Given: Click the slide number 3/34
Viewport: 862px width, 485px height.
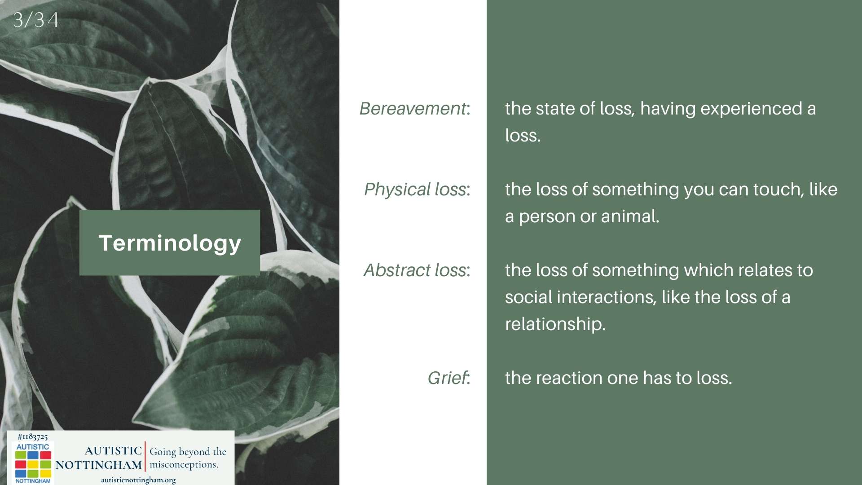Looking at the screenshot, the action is pos(35,20).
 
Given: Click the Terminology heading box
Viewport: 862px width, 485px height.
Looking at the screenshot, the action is pos(170,242).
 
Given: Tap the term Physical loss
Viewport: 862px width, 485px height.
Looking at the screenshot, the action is pos(415,190).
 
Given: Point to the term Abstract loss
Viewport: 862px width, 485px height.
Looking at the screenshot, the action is pos(415,270).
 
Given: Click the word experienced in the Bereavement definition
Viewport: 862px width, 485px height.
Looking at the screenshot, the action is pos(751,109).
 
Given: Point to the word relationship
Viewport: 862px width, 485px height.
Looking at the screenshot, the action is pos(555,324).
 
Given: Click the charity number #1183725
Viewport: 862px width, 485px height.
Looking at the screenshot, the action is pos(33,436).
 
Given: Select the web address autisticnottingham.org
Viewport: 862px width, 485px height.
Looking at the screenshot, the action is pos(138,480).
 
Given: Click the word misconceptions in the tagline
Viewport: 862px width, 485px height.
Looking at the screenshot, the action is pos(183,465).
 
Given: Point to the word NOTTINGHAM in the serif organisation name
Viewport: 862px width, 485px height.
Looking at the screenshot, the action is pos(99,465).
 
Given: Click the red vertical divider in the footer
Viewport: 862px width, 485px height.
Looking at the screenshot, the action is pos(145,456).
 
